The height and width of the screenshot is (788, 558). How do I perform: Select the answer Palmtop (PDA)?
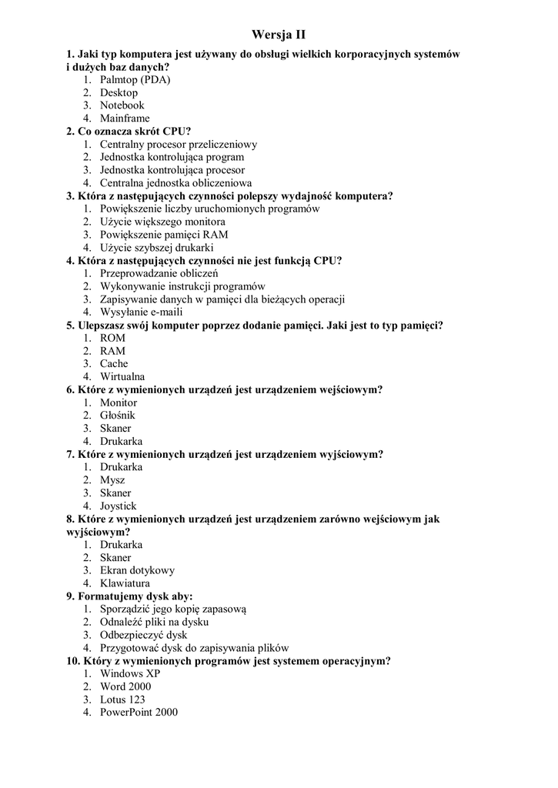click(x=135, y=79)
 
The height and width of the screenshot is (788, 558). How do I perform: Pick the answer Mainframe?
click(x=125, y=118)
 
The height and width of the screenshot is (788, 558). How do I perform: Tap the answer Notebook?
click(x=122, y=105)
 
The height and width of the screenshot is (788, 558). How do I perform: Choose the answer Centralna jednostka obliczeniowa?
click(x=175, y=182)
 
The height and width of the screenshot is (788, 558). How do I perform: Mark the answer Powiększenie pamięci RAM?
click(x=164, y=234)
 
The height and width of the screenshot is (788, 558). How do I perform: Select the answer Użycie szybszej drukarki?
click(x=156, y=247)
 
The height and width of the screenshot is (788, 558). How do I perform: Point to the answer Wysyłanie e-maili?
click(x=141, y=312)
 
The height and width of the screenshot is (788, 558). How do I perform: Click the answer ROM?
click(x=112, y=338)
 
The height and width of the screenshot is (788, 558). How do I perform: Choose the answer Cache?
click(x=114, y=363)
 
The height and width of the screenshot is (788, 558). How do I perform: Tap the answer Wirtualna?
click(x=122, y=376)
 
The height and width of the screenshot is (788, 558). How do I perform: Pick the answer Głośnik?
click(x=117, y=416)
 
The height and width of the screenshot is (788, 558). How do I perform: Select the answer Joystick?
click(x=118, y=506)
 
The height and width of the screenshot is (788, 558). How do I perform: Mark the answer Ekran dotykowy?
click(x=137, y=570)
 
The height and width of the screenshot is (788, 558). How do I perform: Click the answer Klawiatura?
click(x=125, y=583)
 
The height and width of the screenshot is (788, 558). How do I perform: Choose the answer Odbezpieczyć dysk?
click(x=143, y=635)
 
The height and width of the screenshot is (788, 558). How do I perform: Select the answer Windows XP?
click(x=129, y=673)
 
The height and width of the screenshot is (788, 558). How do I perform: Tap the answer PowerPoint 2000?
click(x=139, y=713)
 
